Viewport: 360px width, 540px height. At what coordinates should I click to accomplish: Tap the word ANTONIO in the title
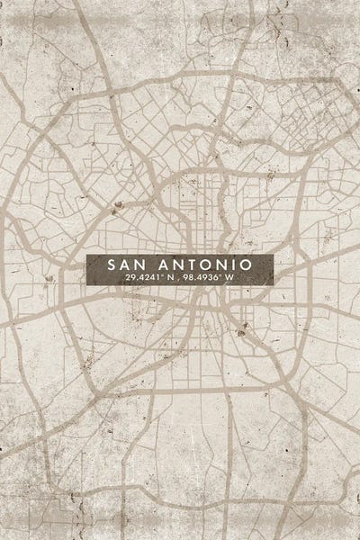click(x=202, y=265)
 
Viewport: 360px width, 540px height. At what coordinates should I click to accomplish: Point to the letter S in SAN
click(x=112, y=265)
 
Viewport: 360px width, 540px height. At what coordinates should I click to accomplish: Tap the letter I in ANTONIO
click(x=231, y=265)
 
